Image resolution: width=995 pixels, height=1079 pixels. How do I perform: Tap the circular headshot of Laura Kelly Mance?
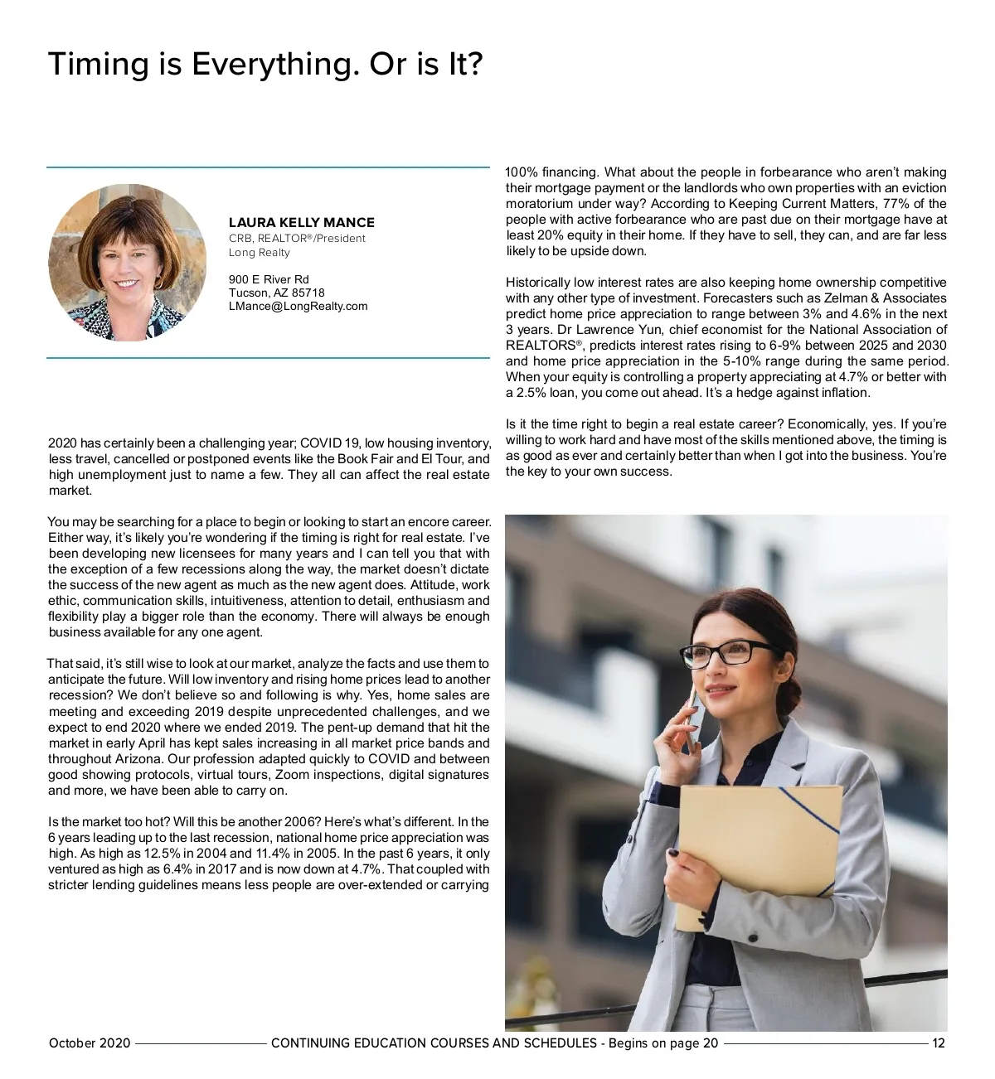128,262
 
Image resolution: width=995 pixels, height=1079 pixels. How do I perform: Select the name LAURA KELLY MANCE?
302,222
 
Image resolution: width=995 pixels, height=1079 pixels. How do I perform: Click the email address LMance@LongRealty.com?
298,306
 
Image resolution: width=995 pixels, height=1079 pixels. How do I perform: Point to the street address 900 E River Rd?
269,279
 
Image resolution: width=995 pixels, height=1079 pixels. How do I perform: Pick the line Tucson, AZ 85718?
277,293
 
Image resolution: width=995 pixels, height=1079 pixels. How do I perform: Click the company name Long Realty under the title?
260,252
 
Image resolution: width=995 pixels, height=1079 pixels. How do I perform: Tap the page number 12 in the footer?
939,1043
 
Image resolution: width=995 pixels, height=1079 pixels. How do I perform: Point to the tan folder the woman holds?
759,854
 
